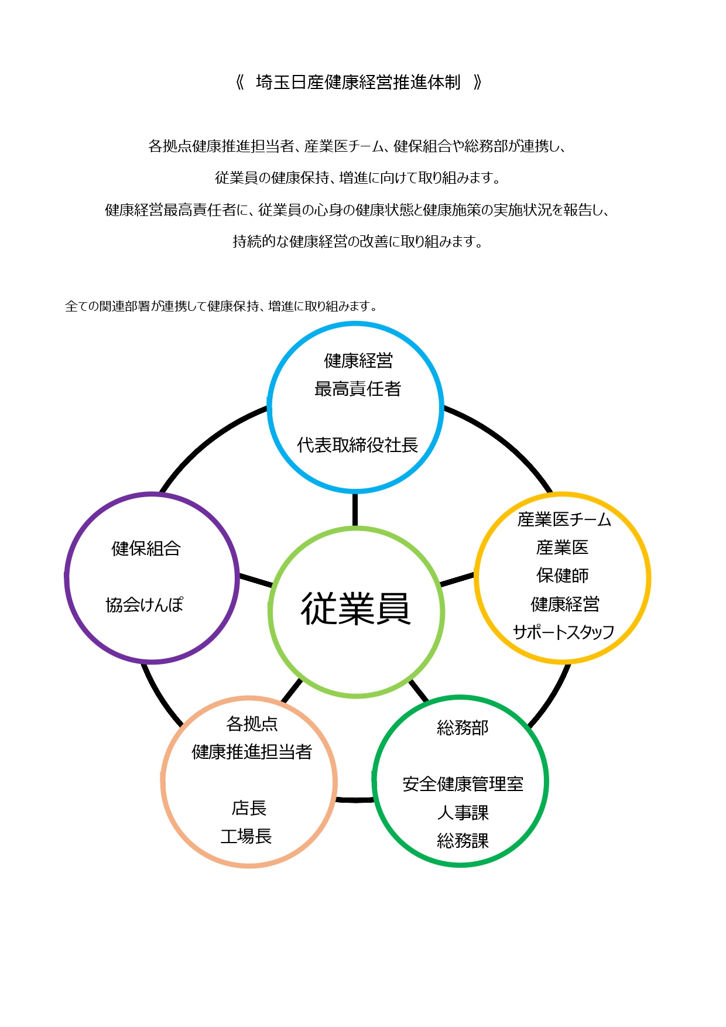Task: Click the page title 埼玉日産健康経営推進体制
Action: point(358,83)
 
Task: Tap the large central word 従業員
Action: point(356,609)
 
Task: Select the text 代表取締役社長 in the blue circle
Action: point(357,445)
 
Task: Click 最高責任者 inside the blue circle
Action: point(357,389)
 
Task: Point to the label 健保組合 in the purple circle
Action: point(146,549)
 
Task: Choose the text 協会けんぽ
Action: point(145,605)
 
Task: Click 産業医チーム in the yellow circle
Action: point(564,519)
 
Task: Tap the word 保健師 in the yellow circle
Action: point(563,576)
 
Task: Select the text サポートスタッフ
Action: point(563,632)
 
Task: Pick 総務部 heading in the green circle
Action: point(463,728)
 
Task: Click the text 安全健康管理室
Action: point(463,784)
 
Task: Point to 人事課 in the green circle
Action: point(463,813)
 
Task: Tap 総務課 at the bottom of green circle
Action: point(463,841)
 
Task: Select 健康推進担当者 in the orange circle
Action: point(252,752)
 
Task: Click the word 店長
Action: point(249,808)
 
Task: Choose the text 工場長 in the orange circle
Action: point(246,836)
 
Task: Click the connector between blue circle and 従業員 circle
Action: point(355,510)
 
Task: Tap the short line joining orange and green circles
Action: point(355,799)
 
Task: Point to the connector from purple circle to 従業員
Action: point(256,580)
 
